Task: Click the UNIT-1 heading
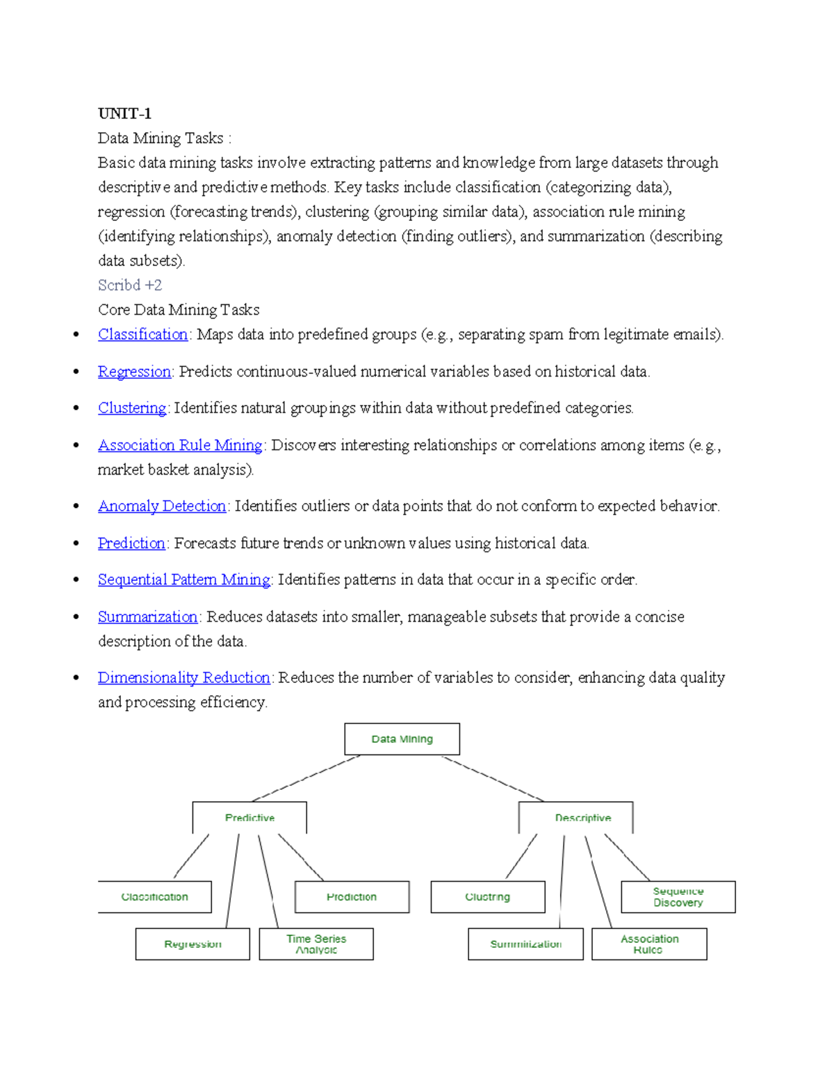click(x=124, y=113)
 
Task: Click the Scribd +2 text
click(x=130, y=285)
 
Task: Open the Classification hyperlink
click(x=142, y=334)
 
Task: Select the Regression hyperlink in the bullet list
click(x=134, y=372)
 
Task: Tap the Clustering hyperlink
click(x=132, y=408)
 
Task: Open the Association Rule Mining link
click(x=180, y=445)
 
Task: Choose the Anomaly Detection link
click(x=162, y=506)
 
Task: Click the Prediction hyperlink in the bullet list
click(x=131, y=543)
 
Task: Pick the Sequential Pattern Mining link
click(x=184, y=579)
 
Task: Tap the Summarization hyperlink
click(x=147, y=617)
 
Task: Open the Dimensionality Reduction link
click(x=183, y=677)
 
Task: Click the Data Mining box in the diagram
click(x=402, y=739)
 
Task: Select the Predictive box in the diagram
click(x=250, y=818)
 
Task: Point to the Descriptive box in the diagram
click(x=575, y=818)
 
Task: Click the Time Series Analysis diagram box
click(x=316, y=944)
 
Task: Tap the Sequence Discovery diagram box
click(x=678, y=897)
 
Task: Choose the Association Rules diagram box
click(x=649, y=944)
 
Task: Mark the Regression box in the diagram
click(x=193, y=944)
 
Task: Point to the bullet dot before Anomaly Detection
click(x=76, y=506)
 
